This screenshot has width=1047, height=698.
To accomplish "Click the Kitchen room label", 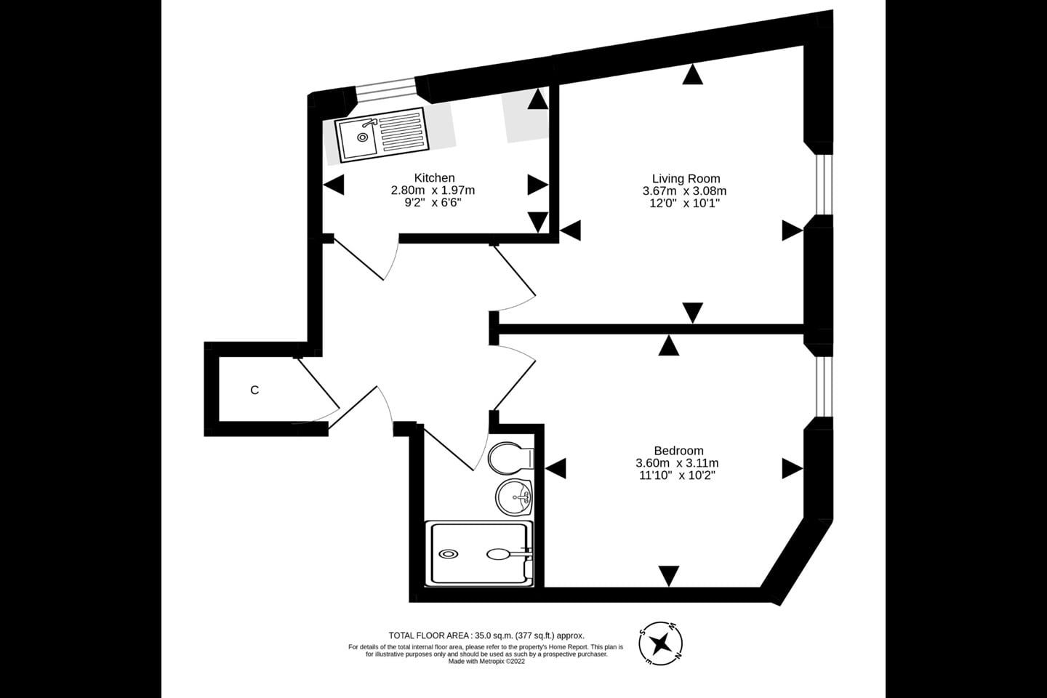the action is pyautogui.click(x=434, y=177).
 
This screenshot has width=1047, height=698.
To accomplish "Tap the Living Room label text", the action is pyautogui.click(x=686, y=178).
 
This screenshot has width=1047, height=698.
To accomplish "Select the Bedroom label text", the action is pyautogui.click(x=678, y=451).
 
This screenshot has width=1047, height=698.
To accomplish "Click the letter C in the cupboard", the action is pyautogui.click(x=254, y=390).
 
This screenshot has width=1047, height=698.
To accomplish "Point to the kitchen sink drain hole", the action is pyautogui.click(x=362, y=137).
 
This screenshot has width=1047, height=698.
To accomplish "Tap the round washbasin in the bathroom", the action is pyautogui.click(x=513, y=497).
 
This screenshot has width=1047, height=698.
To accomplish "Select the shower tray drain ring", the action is pyautogui.click(x=448, y=554).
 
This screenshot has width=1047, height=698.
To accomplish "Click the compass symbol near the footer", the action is pyautogui.click(x=660, y=643).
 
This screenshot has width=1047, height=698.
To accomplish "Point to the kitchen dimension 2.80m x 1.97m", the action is pyautogui.click(x=433, y=190).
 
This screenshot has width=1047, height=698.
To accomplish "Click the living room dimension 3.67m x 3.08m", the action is pyautogui.click(x=684, y=190).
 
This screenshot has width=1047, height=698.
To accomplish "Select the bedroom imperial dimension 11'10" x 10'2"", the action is pyautogui.click(x=678, y=476).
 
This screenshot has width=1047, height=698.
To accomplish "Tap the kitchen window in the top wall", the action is pyautogui.click(x=385, y=89).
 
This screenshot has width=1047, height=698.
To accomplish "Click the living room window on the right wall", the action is pyautogui.click(x=825, y=184).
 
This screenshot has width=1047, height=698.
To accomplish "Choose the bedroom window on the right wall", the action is pyautogui.click(x=825, y=387).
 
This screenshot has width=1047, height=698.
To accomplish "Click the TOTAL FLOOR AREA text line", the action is pyautogui.click(x=486, y=635).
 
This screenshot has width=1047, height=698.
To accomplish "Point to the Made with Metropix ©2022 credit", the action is pyautogui.click(x=486, y=662).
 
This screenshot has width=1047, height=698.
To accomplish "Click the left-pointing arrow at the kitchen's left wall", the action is pyautogui.click(x=334, y=185).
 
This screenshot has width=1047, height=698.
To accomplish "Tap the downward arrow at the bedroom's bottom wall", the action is pyautogui.click(x=669, y=576).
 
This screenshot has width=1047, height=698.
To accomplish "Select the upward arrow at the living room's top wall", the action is pyautogui.click(x=692, y=74).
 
